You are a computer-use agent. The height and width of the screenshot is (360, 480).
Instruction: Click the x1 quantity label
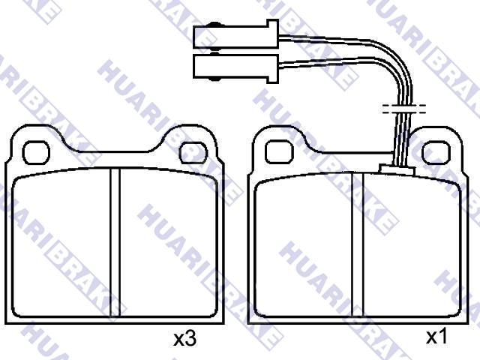[x=436, y=337]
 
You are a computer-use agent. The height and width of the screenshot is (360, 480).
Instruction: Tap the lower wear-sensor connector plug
[x=235, y=68]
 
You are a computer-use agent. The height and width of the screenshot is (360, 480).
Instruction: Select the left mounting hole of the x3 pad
[x=36, y=152]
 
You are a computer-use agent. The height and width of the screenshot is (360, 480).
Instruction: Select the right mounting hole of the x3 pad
[x=193, y=152]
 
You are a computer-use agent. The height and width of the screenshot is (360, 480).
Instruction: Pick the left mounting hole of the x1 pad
[x=279, y=151]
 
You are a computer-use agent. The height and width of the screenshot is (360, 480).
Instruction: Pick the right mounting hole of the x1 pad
[x=436, y=152]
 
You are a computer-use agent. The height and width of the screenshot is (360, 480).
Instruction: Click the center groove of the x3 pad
[x=115, y=242]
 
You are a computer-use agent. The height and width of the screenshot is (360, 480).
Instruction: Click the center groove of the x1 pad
[x=358, y=244]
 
